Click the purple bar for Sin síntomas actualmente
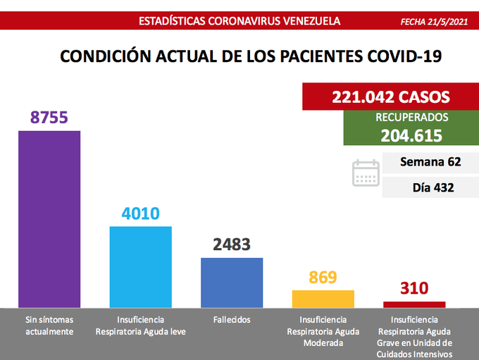(x=49, y=218)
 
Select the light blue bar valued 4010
(x=141, y=266)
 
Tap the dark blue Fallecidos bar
(x=232, y=282)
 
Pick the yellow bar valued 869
(x=323, y=298)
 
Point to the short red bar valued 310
(x=414, y=304)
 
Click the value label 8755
(x=49, y=117)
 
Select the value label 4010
(x=141, y=213)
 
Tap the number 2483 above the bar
(x=232, y=244)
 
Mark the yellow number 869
(x=323, y=277)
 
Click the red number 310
(x=414, y=288)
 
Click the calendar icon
(x=366, y=173)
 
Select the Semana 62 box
(x=430, y=162)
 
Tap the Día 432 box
(x=430, y=187)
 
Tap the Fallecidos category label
(x=232, y=320)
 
